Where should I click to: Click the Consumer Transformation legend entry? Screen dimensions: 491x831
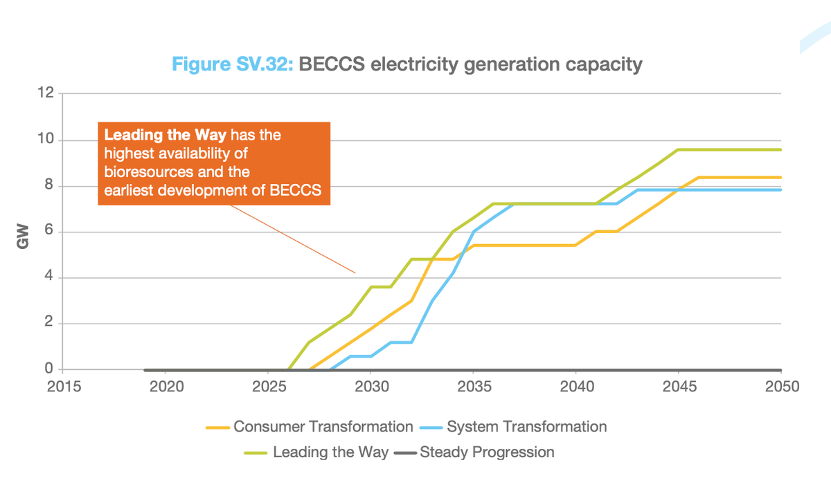tap(310, 427)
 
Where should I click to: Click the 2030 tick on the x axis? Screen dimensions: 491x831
tap(371, 386)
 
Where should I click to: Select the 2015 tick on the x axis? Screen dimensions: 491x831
tap(63, 386)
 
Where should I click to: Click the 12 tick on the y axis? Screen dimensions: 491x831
tap(45, 93)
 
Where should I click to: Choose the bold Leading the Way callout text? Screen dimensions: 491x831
tap(165, 134)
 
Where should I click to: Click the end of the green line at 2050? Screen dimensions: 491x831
tap(780, 149)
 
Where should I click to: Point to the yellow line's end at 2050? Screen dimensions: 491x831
tap(780, 177)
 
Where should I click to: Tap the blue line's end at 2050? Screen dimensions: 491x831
tap(780, 189)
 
